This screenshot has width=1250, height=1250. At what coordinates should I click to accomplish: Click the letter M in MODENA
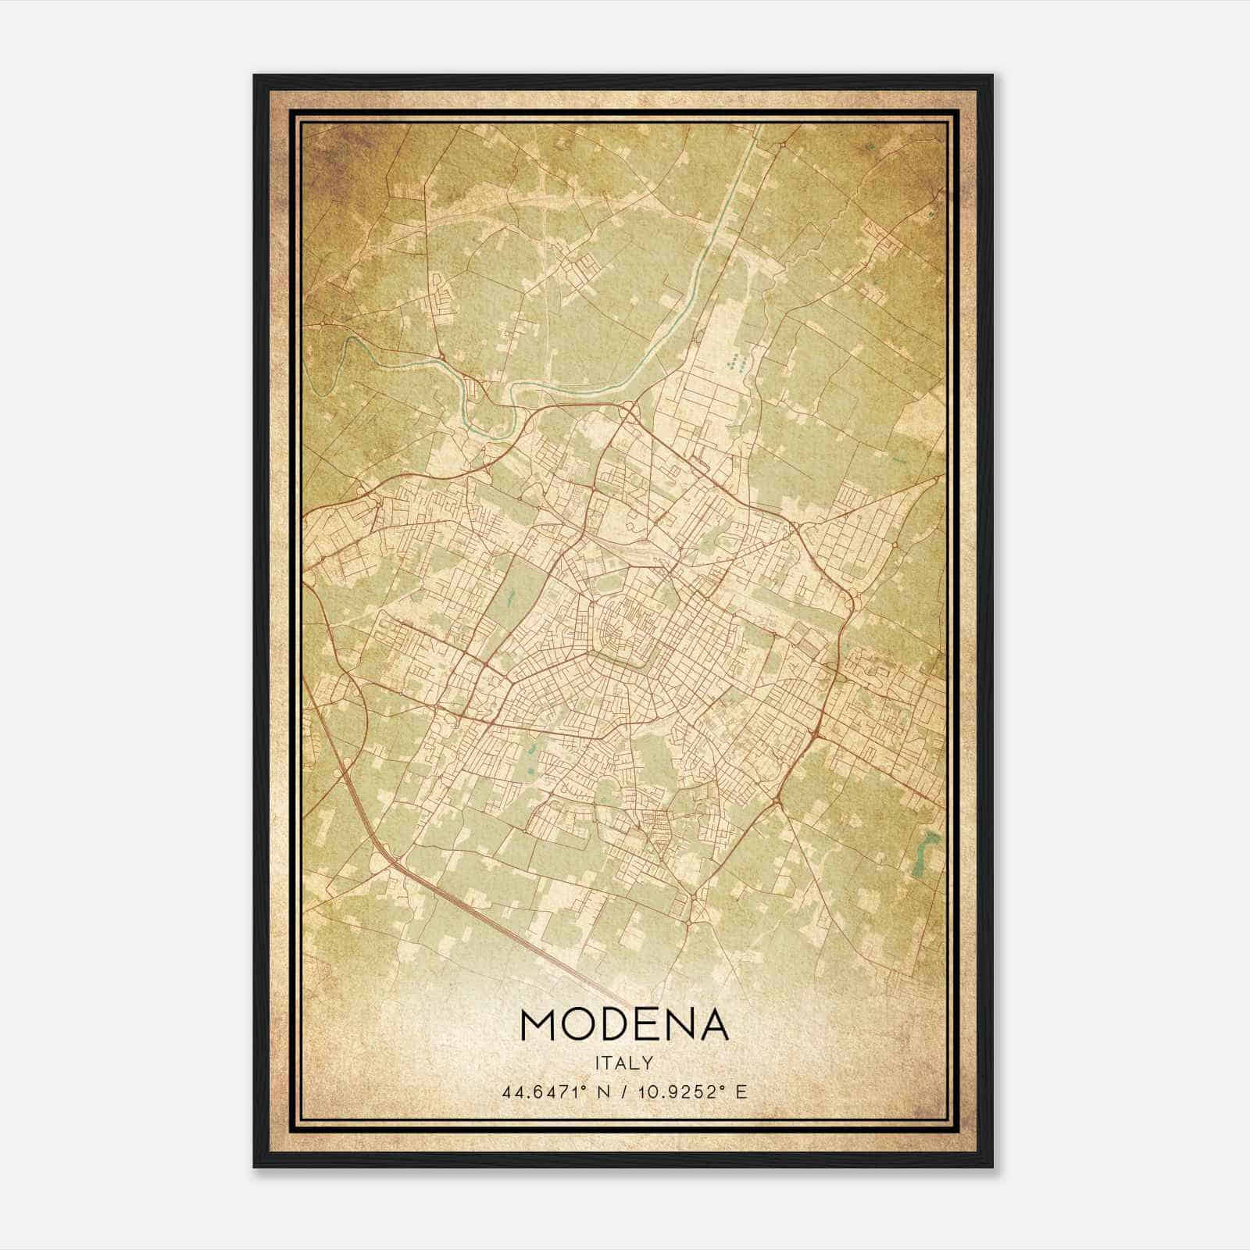point(538,1024)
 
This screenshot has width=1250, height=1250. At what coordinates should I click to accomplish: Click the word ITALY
point(624,1062)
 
